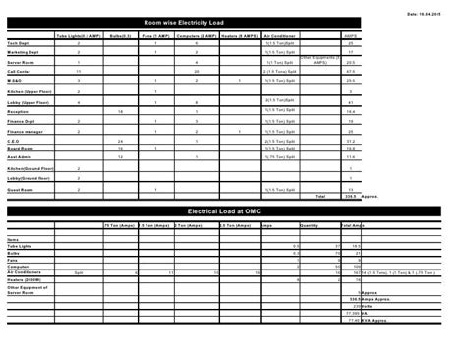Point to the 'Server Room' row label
coord(21,62)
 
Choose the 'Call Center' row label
coord(20,72)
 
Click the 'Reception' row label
coord(19,113)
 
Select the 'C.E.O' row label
coord(15,141)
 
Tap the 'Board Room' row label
coord(21,149)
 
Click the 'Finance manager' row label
coord(27,131)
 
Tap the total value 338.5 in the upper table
coord(349,196)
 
